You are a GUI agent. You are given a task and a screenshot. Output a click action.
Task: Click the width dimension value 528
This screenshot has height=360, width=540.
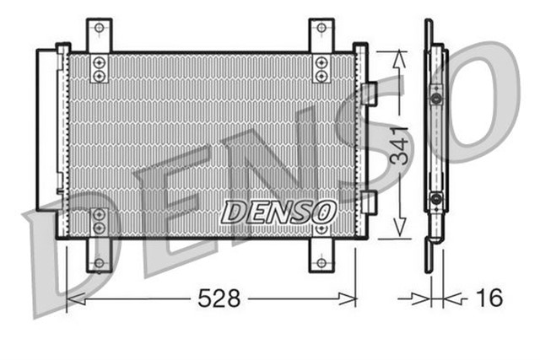[x=219, y=298]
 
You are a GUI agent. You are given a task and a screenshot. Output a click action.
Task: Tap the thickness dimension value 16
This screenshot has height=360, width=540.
[x=489, y=298]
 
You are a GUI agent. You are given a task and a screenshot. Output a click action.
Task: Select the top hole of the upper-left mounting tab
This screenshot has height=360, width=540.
[x=99, y=29]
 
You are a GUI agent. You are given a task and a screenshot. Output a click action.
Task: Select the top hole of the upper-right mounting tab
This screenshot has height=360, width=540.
[x=321, y=29]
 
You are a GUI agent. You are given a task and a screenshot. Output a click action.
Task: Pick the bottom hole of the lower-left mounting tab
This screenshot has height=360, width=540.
[x=99, y=262]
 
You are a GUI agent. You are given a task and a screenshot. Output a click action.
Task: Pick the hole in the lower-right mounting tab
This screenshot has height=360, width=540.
[x=321, y=262]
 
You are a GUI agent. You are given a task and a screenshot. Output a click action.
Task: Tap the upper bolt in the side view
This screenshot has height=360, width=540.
[x=435, y=99]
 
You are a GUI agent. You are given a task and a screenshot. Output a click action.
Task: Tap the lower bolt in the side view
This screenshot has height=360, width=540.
[x=435, y=199]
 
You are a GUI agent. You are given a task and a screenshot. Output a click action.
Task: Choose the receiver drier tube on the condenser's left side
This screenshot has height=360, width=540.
[x=62, y=139]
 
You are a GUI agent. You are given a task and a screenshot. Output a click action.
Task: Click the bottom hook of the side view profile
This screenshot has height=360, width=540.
[x=433, y=243]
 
